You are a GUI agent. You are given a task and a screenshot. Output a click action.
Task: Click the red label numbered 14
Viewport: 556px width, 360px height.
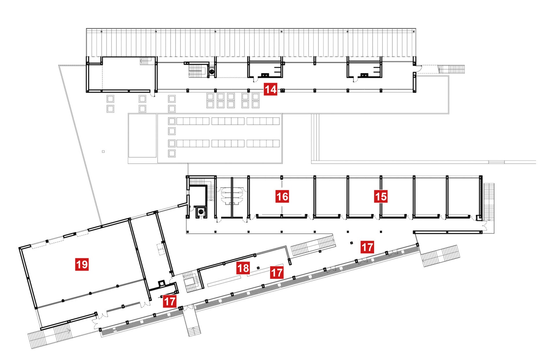point(271,89)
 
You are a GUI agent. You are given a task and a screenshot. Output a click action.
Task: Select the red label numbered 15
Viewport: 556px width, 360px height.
point(381,197)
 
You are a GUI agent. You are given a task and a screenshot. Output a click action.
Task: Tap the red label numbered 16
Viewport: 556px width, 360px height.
point(282,197)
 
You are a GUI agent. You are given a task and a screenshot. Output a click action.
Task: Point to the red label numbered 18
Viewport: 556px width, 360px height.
point(243,268)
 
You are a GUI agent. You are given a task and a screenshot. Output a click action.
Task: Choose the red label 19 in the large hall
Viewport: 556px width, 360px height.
point(82,264)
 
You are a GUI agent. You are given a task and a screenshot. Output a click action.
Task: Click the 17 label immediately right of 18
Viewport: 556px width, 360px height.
point(276,272)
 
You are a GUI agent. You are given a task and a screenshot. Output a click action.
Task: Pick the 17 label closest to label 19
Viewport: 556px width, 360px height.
point(169,301)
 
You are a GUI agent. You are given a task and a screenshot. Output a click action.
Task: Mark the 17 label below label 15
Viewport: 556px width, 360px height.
point(367,247)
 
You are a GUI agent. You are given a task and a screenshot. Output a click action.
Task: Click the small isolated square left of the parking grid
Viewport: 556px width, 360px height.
point(103,152)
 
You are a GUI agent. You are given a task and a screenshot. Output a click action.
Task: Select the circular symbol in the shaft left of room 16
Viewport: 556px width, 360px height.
point(200,212)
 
